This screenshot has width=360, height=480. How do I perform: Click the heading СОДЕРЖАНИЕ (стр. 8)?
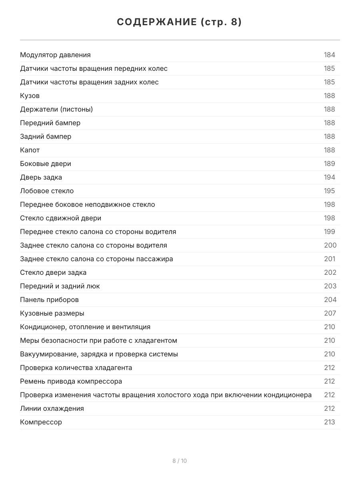tap(180, 22)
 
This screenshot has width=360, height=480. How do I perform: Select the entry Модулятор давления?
tap(55, 55)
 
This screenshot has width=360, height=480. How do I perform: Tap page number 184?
tap(329, 55)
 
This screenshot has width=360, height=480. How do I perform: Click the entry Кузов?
tap(30, 96)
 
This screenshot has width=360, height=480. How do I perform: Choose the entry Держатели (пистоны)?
tap(56, 110)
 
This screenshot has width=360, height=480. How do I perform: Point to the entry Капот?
tap(30, 150)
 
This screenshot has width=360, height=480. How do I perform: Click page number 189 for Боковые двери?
tap(329, 164)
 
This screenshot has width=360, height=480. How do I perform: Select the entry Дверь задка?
tap(41, 178)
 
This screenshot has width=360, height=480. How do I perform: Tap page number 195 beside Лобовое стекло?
tap(329, 191)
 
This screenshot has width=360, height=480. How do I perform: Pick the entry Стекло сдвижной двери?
tap(61, 218)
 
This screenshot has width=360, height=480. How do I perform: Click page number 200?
tap(330, 246)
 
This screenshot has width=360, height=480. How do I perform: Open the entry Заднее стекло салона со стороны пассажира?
tap(96, 259)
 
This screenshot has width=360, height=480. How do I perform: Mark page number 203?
tap(330, 286)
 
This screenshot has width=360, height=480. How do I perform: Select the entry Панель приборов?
tap(49, 300)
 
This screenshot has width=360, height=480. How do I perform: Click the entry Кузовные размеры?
tap(52, 314)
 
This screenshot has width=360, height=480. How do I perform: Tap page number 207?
tap(330, 314)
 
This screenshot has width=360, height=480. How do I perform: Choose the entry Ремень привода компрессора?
tap(71, 382)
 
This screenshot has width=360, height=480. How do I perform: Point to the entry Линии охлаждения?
tap(52, 409)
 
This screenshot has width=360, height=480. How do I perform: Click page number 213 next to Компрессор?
tap(329, 422)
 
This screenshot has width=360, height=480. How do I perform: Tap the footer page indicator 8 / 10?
tap(180, 461)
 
